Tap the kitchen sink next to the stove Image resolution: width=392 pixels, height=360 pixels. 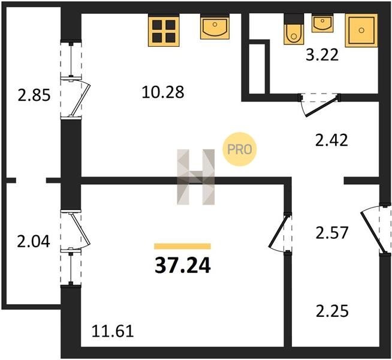214,28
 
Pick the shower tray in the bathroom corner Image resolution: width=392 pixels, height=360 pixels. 361,30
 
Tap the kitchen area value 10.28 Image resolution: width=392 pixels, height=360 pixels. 162,92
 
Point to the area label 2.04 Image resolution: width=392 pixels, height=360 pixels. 33,241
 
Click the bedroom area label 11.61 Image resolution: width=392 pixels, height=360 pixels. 112,330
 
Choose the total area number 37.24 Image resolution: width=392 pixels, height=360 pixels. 182,265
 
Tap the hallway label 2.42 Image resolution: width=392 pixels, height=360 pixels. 331,141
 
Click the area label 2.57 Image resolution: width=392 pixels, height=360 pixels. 331,232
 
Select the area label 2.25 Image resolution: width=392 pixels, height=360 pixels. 331,311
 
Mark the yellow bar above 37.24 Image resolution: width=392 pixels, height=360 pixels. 182,246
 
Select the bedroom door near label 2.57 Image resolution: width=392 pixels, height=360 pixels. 281,233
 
